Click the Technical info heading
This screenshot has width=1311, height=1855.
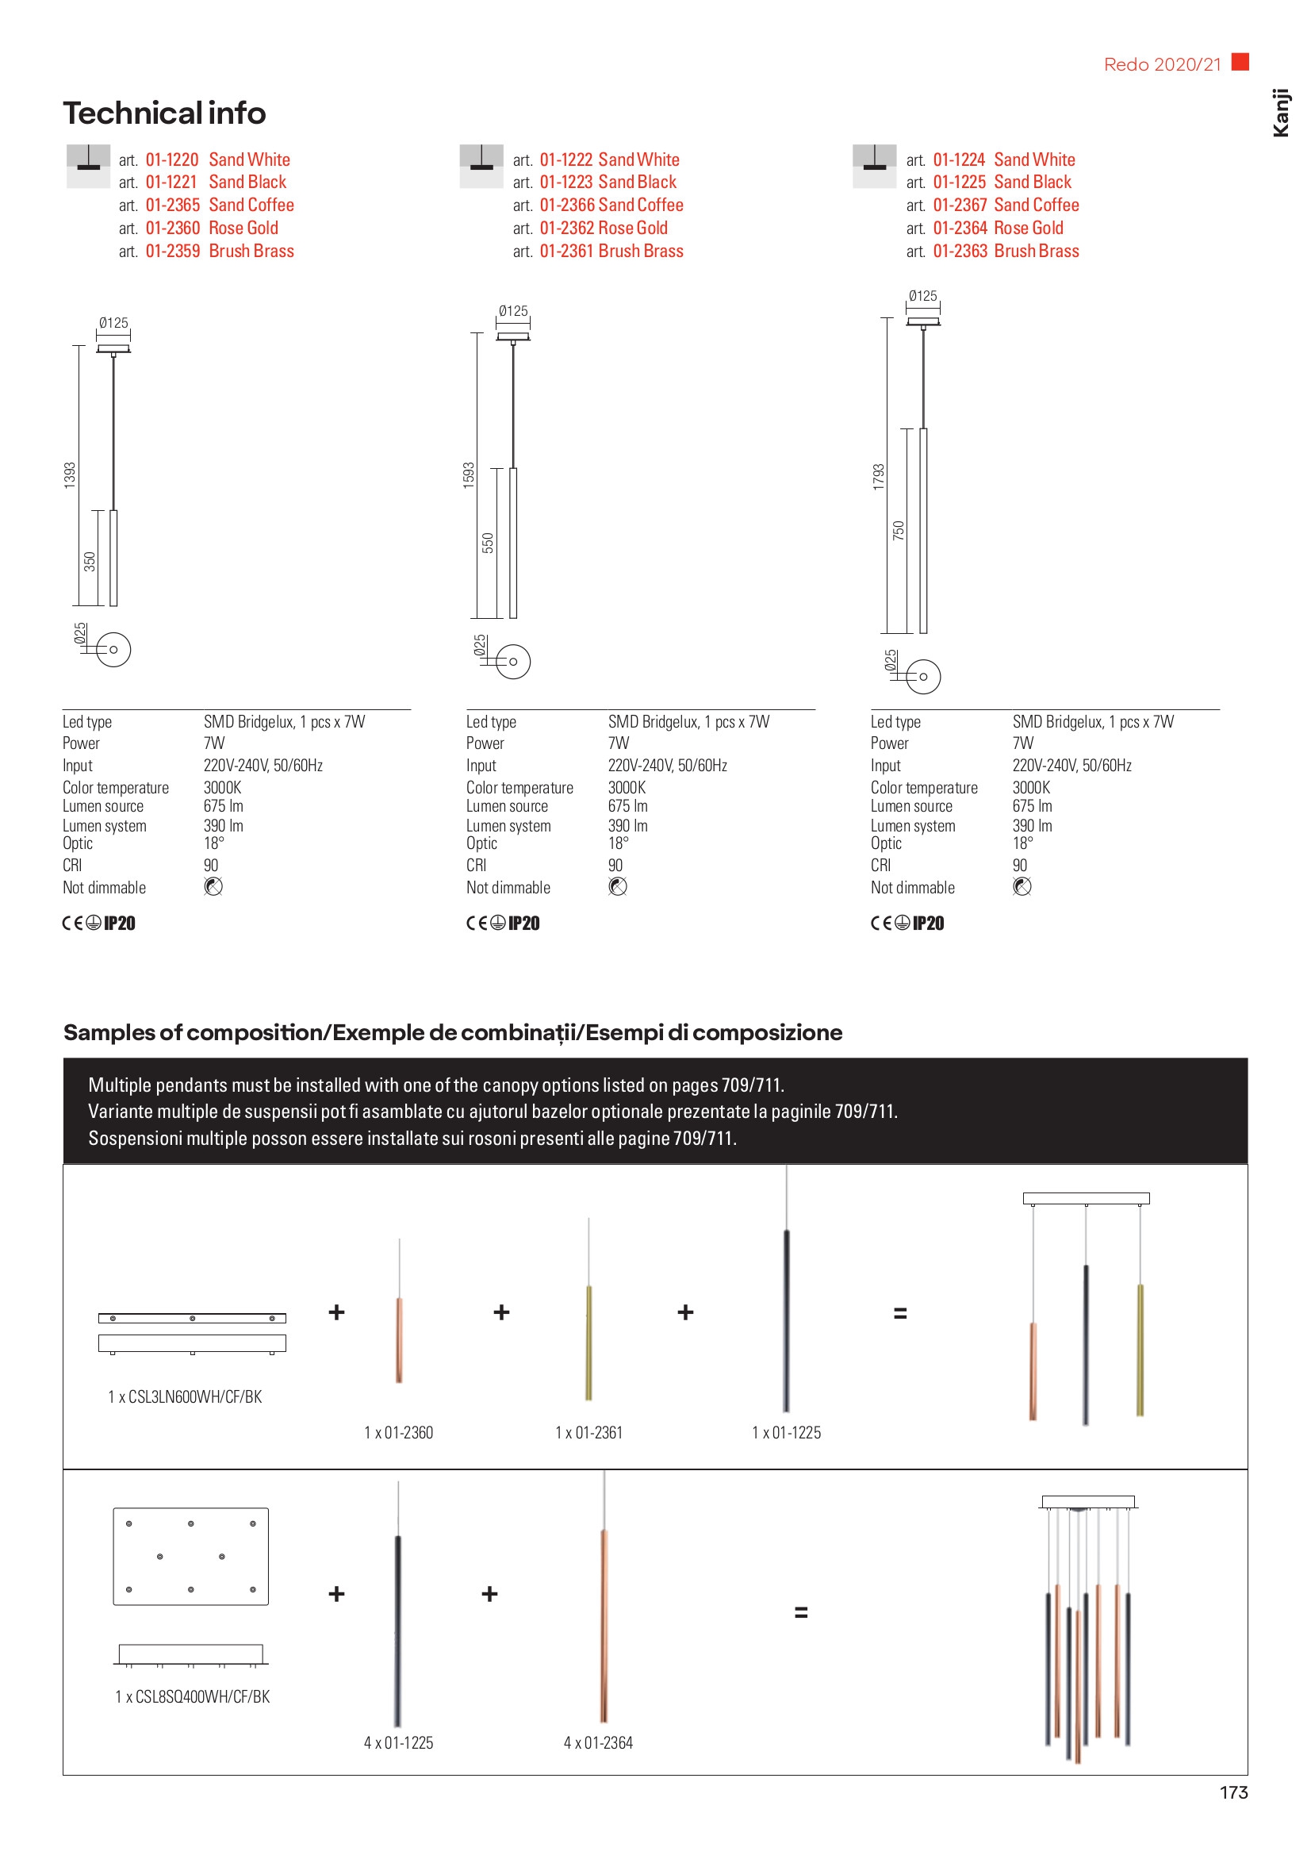tap(164, 113)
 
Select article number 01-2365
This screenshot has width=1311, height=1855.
tap(172, 205)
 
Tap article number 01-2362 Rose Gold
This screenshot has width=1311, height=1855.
tap(604, 229)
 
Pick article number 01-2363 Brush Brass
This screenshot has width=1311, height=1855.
tap(1006, 252)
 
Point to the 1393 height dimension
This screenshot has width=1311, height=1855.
tap(71, 474)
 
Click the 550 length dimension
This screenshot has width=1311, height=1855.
tap(488, 542)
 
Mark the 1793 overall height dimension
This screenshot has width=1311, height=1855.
tap(879, 476)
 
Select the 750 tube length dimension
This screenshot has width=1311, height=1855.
tap(899, 531)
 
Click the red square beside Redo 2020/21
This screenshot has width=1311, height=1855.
tap(1240, 61)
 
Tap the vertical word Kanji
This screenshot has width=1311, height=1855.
tap(1280, 113)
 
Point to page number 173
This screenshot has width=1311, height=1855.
tap(1233, 1793)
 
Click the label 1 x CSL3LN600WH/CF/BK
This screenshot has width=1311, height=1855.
tap(185, 1397)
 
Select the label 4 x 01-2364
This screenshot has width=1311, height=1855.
tap(598, 1742)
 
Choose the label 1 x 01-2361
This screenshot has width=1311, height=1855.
tap(588, 1432)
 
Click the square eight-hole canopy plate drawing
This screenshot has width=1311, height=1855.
tap(190, 1556)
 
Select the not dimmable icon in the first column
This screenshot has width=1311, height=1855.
tap(213, 887)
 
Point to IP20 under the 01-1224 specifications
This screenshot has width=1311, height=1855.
tap(928, 924)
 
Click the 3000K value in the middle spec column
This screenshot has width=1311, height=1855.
tap(627, 788)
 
